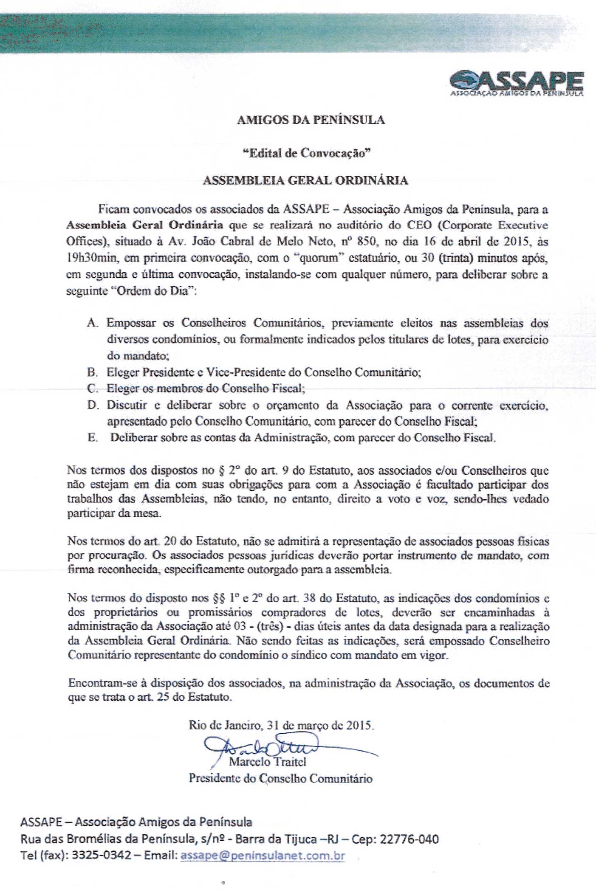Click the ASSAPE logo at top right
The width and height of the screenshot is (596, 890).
click(516, 82)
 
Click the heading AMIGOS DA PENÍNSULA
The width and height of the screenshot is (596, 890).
click(311, 120)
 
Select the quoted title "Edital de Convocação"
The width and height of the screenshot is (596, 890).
click(305, 153)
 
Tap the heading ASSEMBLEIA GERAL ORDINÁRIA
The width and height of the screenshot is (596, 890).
click(305, 181)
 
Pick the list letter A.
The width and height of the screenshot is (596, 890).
click(92, 323)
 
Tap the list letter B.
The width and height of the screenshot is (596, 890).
click(92, 372)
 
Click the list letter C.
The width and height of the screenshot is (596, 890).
click(92, 389)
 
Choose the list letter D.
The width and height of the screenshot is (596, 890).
click(92, 405)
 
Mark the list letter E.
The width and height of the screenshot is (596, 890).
click(92, 438)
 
